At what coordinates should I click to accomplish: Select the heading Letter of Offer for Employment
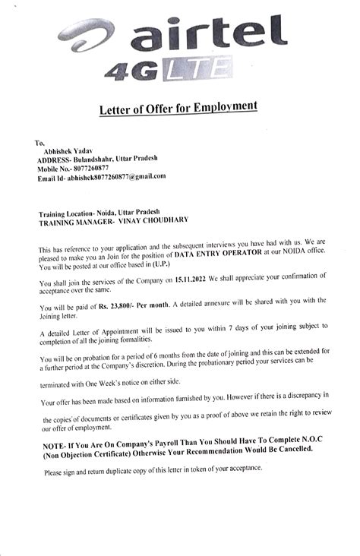click(178, 110)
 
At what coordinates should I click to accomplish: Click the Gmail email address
click(116, 176)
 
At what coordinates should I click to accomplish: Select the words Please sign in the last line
click(60, 472)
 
